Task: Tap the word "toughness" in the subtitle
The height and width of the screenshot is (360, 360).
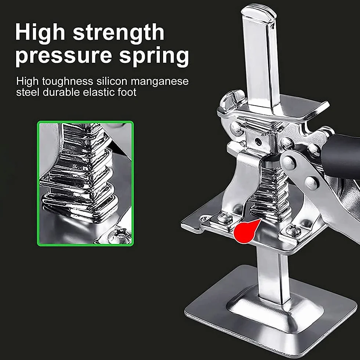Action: tap(68, 82)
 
